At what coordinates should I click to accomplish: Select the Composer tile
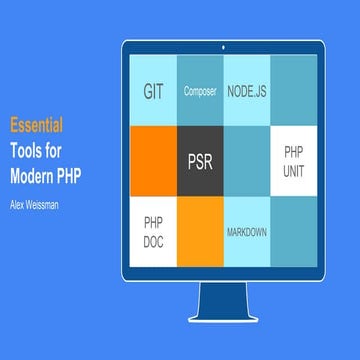pos(201,91)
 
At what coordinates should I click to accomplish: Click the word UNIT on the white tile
pos(294,170)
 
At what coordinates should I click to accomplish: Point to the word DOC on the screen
pos(153,241)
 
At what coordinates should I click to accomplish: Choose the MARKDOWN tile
pos(247,231)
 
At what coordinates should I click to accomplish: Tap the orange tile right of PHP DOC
pos(201,231)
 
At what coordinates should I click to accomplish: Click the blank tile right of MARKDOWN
pos(294,231)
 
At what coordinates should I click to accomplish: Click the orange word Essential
pos(37,126)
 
